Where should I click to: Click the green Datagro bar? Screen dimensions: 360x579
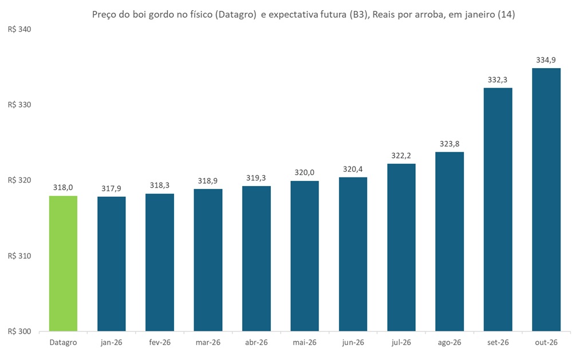point(63,263)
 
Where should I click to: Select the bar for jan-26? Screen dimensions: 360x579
point(111,264)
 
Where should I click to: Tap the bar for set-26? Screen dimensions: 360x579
point(498,209)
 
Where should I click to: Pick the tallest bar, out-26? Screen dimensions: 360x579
point(546,200)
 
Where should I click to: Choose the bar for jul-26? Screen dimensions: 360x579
point(401,247)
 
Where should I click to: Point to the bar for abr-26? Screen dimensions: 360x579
point(256,258)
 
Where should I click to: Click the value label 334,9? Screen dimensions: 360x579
point(546,60)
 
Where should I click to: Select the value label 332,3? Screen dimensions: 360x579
point(498,79)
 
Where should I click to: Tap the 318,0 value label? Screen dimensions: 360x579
point(63,187)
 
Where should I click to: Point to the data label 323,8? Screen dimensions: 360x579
point(450,143)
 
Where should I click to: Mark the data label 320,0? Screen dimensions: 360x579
point(305,172)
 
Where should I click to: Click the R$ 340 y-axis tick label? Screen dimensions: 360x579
point(19,30)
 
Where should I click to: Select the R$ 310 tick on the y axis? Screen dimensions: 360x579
point(19,256)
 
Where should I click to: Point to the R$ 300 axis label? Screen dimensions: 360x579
point(19,331)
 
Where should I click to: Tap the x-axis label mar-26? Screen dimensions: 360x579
point(208,342)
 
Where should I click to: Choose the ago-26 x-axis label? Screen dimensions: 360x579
point(450,342)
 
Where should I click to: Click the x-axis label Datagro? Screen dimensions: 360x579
point(63,342)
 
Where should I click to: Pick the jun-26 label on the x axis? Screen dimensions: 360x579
point(353,342)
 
